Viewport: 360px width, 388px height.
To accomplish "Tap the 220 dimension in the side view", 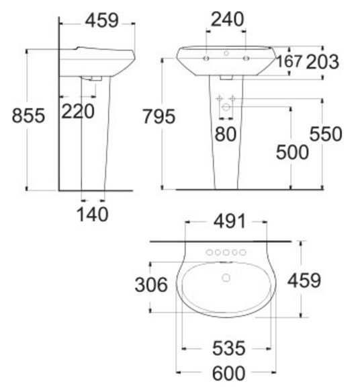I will [x=78, y=111].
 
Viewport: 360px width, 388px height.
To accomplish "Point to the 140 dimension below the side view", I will [x=92, y=215].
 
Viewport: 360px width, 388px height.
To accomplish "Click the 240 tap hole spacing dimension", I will [x=228, y=21].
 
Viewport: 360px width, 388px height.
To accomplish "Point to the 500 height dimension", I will [x=292, y=152].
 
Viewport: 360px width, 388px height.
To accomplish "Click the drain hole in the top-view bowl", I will [x=226, y=277].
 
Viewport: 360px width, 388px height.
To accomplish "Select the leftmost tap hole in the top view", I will [x=209, y=254].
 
